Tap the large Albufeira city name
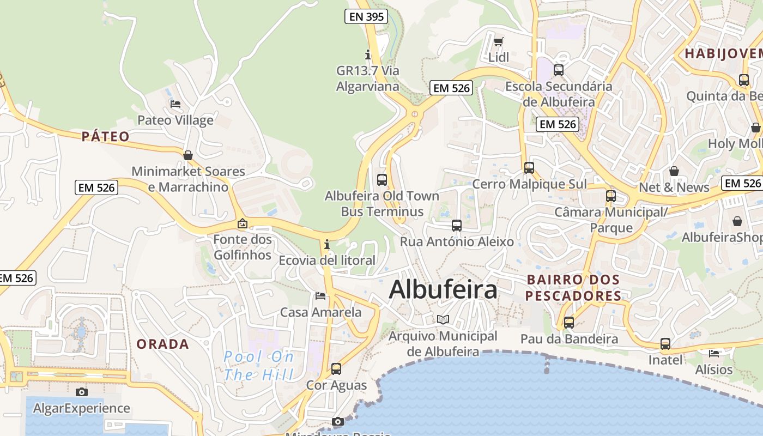(443, 289)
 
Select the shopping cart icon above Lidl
(498, 41)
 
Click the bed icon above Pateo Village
(175, 104)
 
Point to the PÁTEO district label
(106, 136)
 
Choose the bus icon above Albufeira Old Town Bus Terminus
(382, 179)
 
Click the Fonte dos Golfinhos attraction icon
(243, 223)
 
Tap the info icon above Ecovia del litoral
(327, 244)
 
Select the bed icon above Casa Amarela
(320, 296)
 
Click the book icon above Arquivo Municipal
(443, 319)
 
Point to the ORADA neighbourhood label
(162, 344)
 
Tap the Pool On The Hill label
(259, 366)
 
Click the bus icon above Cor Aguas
(336, 369)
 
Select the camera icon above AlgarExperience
(82, 392)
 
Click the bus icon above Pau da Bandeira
(569, 323)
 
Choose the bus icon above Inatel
(665, 344)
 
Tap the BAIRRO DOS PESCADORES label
(573, 288)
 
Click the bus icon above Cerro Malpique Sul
(529, 168)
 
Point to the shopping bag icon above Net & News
(674, 171)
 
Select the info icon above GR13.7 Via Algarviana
(368, 55)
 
